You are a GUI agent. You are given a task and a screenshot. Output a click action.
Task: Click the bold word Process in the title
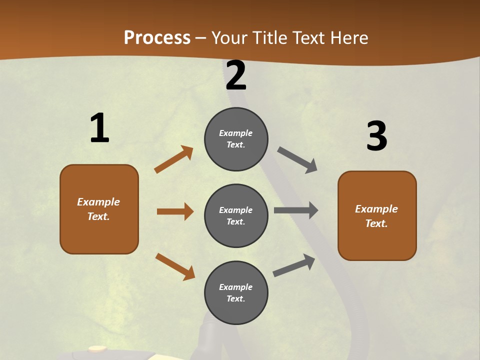pos(157,37)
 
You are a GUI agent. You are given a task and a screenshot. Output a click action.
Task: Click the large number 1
pos(99,128)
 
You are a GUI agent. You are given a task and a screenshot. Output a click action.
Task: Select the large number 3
pos(376,136)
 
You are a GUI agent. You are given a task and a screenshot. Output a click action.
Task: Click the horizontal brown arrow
pos(175,211)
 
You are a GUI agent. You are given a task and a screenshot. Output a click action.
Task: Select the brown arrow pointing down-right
pos(175,267)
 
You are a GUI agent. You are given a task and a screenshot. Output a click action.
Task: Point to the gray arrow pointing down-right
pos(297,160)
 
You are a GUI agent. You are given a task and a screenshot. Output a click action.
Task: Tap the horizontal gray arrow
pos(296,210)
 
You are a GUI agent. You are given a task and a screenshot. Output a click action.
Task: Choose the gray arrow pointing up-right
pos(294,265)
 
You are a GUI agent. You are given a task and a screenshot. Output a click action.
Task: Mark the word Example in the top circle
pos(236,133)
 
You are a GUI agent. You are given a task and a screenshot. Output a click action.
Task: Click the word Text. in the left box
pos(98,216)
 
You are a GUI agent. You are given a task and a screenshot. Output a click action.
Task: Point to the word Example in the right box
pos(376,209)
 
